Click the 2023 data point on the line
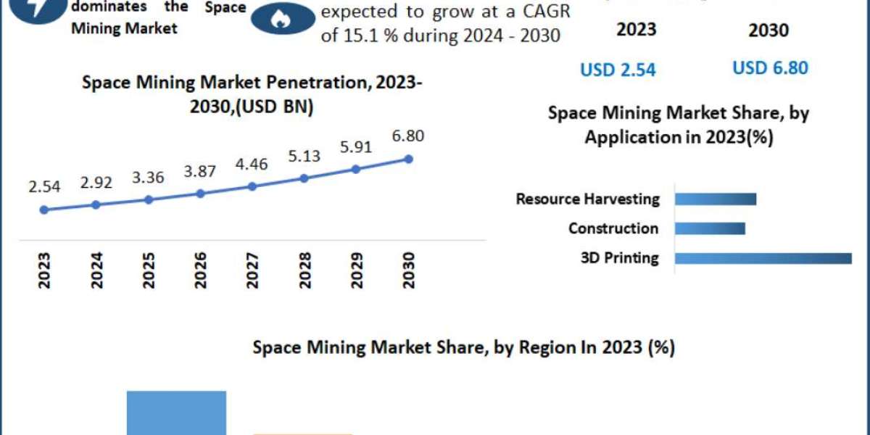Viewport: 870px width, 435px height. (x=44, y=210)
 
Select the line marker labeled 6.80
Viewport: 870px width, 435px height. (x=407, y=159)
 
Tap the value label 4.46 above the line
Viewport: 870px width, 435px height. (x=252, y=164)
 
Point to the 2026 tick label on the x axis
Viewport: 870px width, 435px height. (x=201, y=270)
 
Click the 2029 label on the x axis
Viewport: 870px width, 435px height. (x=356, y=270)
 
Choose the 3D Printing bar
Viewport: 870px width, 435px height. (x=763, y=258)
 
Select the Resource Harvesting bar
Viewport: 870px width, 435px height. (x=716, y=199)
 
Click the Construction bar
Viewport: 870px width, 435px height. (x=710, y=228)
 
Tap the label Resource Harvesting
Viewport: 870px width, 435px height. (x=587, y=199)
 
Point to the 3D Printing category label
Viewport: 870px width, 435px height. (x=620, y=258)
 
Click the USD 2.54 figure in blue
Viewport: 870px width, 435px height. (x=618, y=70)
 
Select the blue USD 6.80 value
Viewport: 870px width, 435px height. (x=770, y=68)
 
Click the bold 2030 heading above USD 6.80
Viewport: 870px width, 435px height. (x=769, y=30)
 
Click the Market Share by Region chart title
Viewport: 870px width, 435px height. (x=463, y=348)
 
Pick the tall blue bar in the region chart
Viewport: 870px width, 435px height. (x=176, y=413)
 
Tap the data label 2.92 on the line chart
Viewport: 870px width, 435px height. (x=96, y=182)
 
